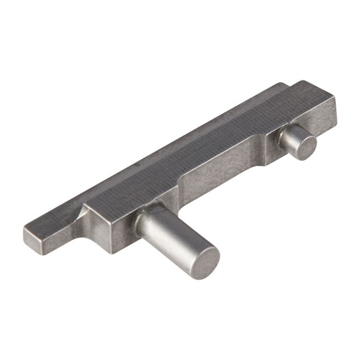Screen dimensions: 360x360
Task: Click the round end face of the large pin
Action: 200,261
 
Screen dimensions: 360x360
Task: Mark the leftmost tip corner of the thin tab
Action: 24,231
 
